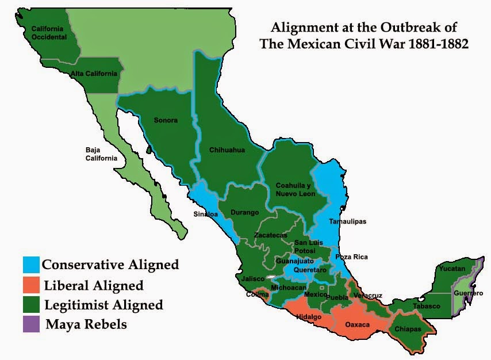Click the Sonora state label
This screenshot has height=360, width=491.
(x=166, y=120)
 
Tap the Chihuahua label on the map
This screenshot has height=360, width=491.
(x=227, y=150)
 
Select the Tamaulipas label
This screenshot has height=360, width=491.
(x=347, y=221)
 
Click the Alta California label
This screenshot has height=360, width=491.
(x=94, y=74)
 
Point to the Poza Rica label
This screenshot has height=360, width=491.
(x=351, y=256)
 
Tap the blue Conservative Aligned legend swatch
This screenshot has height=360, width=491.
(x=32, y=264)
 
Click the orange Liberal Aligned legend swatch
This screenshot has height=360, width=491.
(x=32, y=284)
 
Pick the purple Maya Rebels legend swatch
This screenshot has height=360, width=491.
(x=32, y=324)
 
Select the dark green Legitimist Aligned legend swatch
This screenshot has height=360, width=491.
(x=32, y=304)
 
